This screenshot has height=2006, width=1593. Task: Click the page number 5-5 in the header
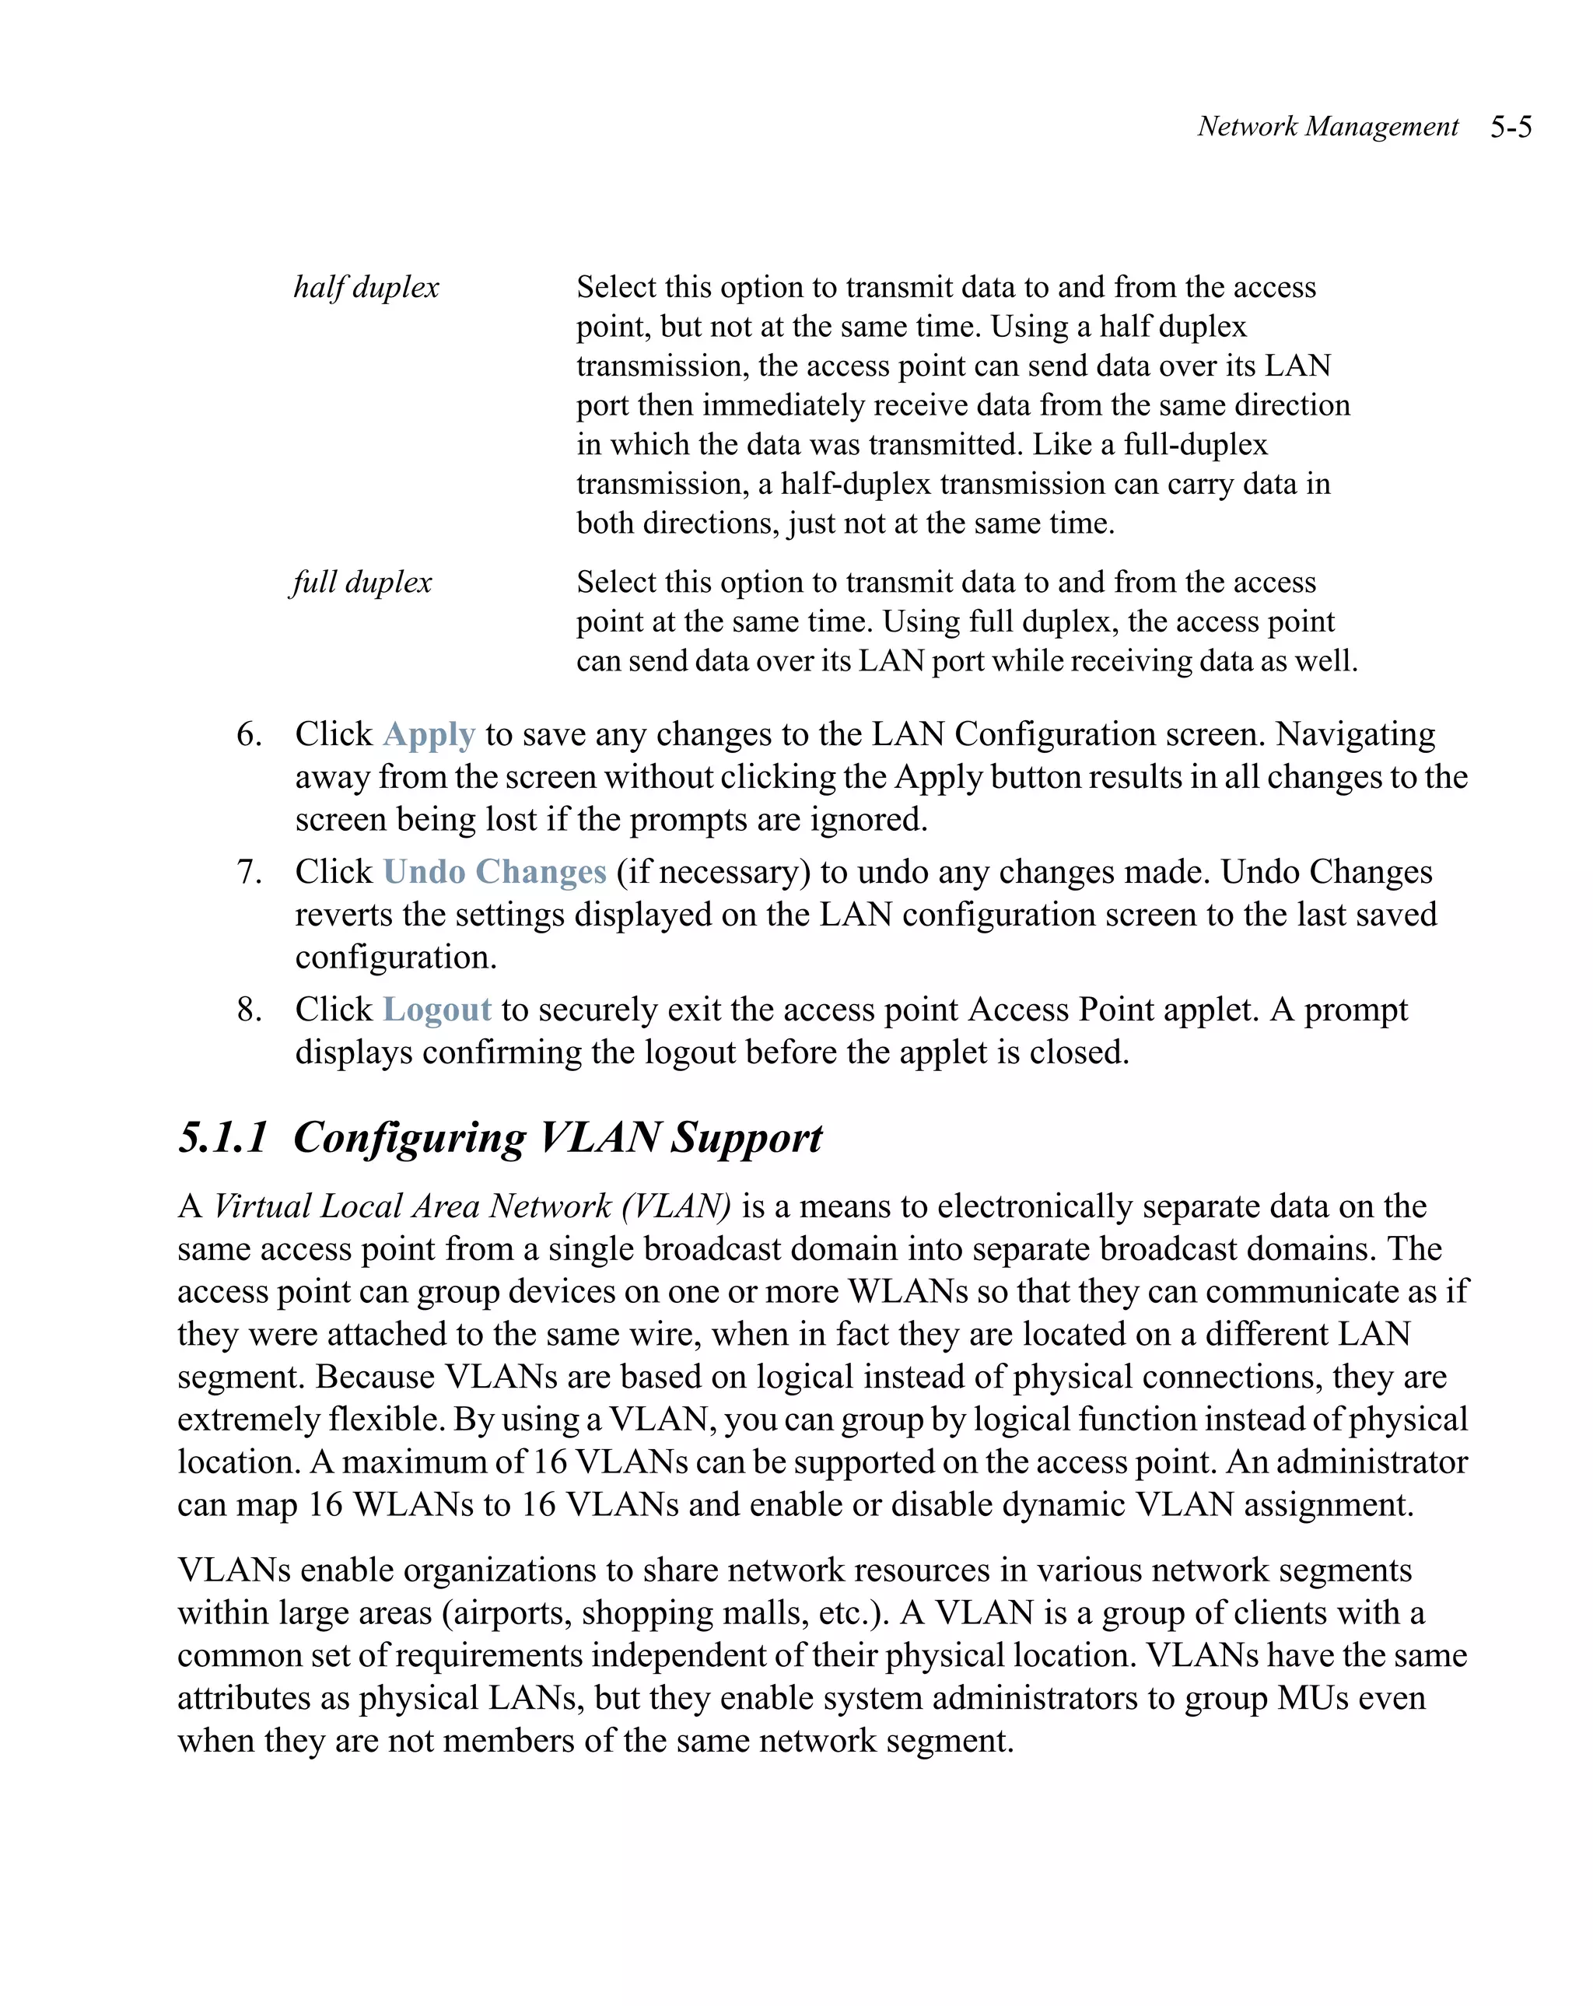(x=1511, y=127)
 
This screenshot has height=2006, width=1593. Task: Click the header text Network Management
(x=1327, y=127)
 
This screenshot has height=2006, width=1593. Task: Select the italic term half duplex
(x=366, y=288)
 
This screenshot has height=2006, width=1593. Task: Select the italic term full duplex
(x=361, y=583)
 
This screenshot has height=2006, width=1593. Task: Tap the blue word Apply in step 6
(x=429, y=735)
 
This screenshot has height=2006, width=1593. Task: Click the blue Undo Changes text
(x=494, y=872)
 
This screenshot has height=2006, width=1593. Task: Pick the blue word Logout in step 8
(x=436, y=1010)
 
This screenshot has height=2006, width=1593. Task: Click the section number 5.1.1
(x=223, y=1138)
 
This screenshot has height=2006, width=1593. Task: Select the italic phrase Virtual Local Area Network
(x=411, y=1206)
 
